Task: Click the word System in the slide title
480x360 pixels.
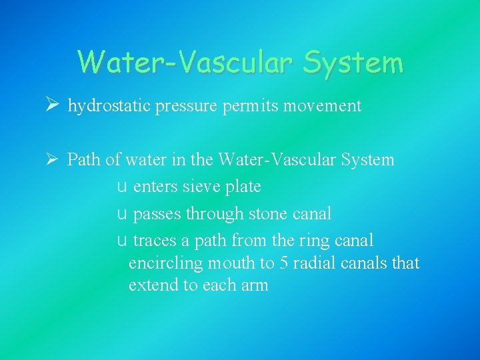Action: coord(353,63)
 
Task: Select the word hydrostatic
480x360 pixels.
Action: coord(109,106)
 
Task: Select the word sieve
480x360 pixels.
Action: coord(197,187)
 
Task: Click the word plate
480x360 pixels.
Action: coord(243,187)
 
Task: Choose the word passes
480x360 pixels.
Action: coord(157,214)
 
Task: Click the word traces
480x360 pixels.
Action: coord(155,241)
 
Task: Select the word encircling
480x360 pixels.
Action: coord(164,263)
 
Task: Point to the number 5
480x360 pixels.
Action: coord(284,263)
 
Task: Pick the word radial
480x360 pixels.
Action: coord(314,263)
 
